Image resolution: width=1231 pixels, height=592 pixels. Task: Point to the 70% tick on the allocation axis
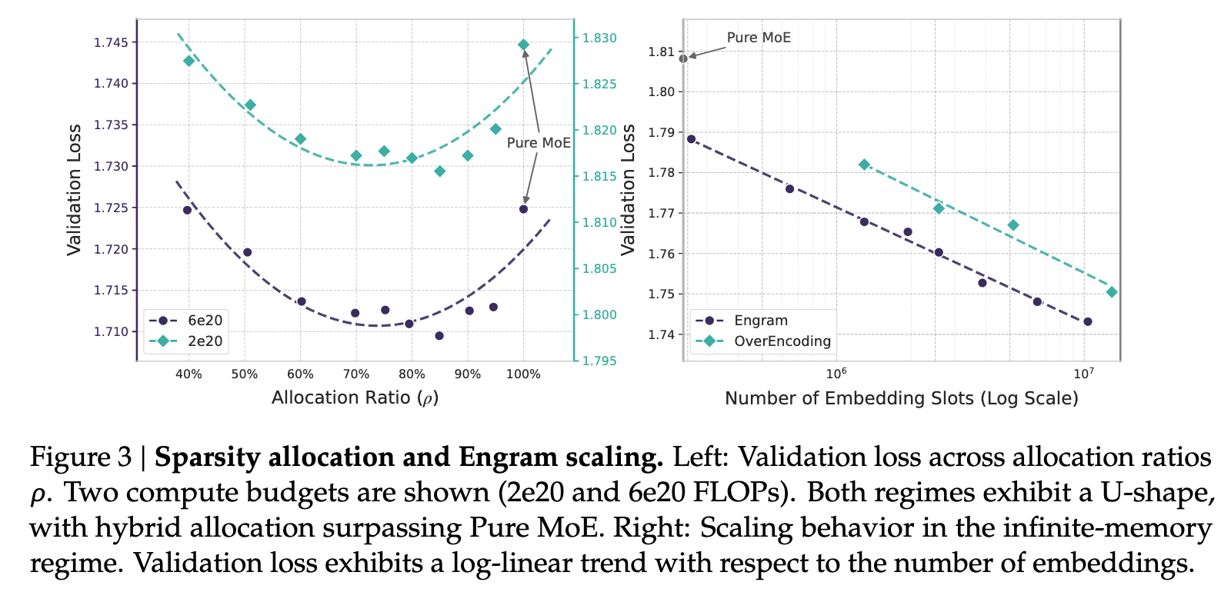356,374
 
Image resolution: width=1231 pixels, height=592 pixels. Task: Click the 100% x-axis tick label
524,374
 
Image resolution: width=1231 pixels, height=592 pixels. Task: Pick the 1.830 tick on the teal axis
599,38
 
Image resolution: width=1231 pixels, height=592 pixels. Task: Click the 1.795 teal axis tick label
599,361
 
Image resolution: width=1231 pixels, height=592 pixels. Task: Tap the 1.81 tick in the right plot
661,52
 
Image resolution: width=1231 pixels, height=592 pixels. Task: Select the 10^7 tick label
1083,374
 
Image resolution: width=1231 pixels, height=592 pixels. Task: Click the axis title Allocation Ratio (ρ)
355,397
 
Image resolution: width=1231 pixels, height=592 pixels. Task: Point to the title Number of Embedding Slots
901,398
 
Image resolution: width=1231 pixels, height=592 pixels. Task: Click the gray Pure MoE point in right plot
683,58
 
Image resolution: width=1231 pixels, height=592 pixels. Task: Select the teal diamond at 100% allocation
523,45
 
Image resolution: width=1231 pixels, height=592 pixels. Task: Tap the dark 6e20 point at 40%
187,210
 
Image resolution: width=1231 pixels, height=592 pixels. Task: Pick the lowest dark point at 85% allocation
439,336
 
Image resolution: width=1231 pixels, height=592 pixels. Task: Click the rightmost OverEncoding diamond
1111,292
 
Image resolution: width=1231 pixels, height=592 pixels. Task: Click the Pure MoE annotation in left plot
539,143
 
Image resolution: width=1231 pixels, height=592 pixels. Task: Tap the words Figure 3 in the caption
81,457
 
